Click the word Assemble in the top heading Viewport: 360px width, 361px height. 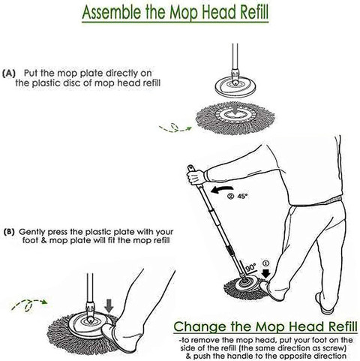click(x=112, y=12)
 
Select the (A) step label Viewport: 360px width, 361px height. click(x=9, y=74)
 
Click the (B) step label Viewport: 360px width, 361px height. click(x=9, y=232)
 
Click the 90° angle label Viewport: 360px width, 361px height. click(x=250, y=267)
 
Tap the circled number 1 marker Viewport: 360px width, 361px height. click(x=266, y=263)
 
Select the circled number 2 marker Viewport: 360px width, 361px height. click(x=230, y=196)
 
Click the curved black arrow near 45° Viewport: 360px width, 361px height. click(x=222, y=190)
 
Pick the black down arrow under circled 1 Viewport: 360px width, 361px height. click(x=266, y=273)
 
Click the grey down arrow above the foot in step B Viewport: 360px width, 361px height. click(x=109, y=305)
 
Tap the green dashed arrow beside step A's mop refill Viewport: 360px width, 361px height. click(x=175, y=128)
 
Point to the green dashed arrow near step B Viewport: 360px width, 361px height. click(x=29, y=305)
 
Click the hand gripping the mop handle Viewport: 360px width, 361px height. click(x=196, y=176)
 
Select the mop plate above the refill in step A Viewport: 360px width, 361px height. click(x=235, y=87)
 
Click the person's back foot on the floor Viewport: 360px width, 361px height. click(x=325, y=303)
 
